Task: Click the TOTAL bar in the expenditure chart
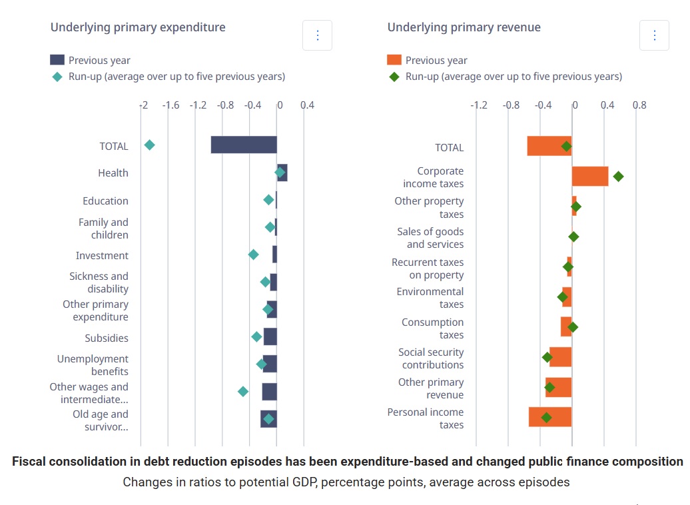244,145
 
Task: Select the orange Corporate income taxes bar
590,177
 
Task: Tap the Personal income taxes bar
550,417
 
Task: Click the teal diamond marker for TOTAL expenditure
150,145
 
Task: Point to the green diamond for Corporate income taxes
618,177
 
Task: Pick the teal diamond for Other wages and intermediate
243,391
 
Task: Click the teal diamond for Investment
253,254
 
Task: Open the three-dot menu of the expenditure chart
317,35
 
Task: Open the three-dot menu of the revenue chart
654,35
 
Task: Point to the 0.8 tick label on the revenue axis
639,105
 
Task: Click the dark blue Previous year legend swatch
57,60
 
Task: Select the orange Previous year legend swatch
394,60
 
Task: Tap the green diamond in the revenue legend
394,77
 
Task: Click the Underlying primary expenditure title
138,27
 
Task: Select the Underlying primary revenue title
464,27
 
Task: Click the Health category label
113,173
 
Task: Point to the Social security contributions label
431,358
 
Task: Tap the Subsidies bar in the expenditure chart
270,336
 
